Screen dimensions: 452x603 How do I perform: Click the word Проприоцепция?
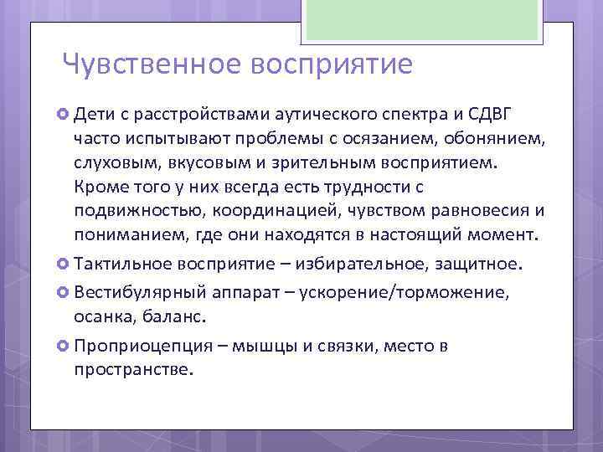point(138,346)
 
